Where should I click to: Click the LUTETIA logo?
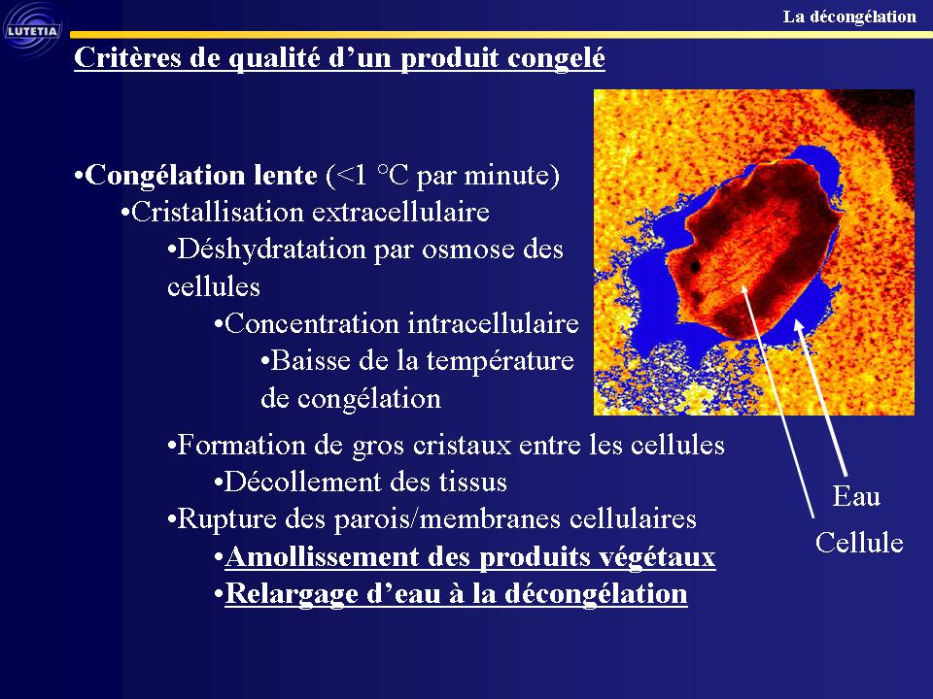pos(33,30)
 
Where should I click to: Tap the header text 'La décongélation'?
pos(849,17)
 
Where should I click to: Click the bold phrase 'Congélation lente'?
pos(201,176)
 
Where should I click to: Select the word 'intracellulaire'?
pos(494,324)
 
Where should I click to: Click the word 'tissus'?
pos(473,483)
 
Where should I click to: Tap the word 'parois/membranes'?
pos(442,519)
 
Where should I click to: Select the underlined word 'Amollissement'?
pos(322,557)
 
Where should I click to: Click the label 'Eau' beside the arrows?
pos(856,496)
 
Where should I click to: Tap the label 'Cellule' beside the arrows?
pos(859,543)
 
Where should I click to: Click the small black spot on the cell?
pos(694,267)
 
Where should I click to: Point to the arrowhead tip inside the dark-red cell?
pos(742,284)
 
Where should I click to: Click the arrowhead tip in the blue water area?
pos(796,319)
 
